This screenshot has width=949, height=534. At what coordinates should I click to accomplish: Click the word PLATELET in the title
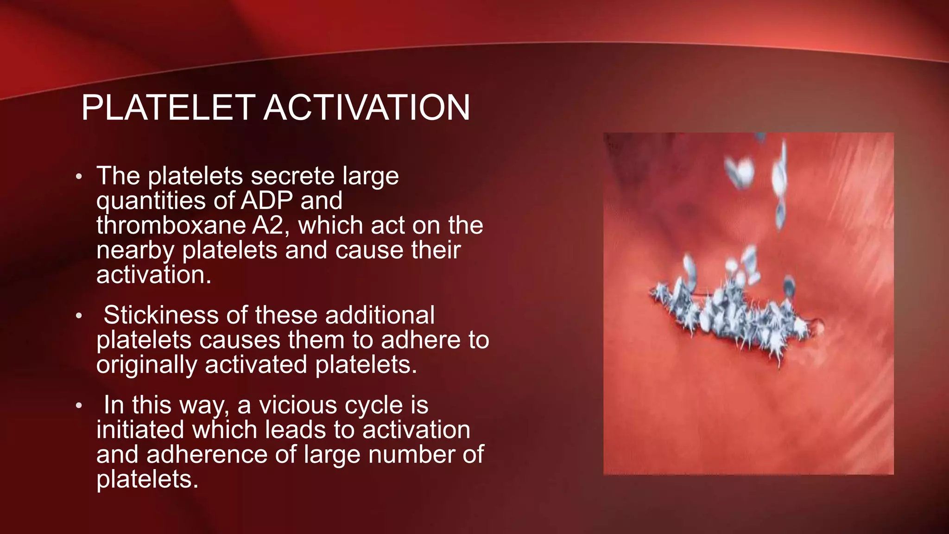coord(168,108)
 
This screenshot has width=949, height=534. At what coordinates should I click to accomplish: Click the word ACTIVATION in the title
coord(367,108)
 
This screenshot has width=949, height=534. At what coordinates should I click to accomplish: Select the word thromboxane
coord(171,225)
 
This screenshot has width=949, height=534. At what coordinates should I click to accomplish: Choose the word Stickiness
coord(160,315)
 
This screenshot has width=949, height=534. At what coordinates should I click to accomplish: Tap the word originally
coord(147,365)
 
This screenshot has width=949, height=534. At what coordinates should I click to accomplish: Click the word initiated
coord(140,430)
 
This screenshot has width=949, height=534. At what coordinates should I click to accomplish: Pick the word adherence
coord(207,454)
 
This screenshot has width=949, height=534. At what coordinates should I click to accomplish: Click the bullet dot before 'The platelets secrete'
coord(79,177)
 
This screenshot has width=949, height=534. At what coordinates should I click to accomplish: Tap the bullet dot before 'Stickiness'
coord(79,316)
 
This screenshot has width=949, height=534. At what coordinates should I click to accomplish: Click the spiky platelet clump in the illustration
coord(732,315)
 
